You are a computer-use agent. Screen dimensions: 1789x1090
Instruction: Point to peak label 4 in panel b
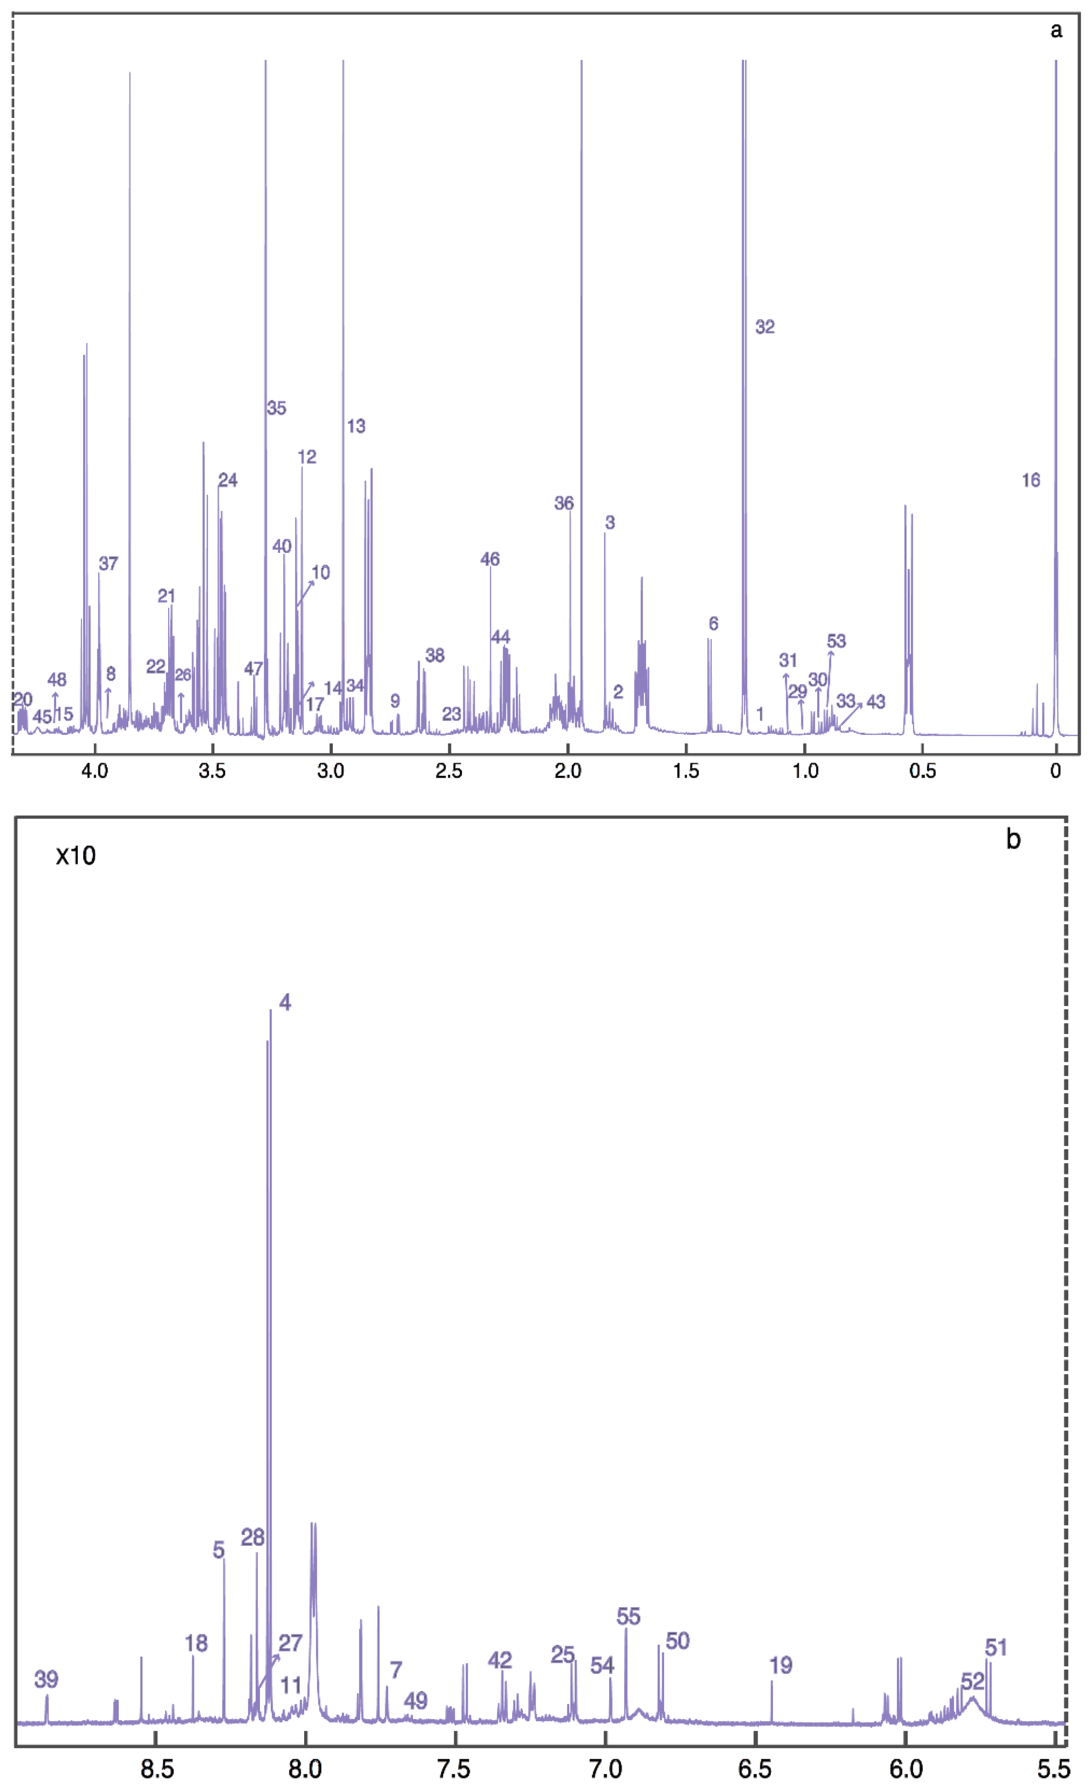[285, 1003]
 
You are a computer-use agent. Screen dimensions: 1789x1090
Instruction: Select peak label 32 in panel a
[765, 327]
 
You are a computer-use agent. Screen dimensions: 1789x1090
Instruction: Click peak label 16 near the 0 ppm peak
[1030, 480]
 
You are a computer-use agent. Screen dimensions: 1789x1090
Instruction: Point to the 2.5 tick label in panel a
[449, 771]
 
